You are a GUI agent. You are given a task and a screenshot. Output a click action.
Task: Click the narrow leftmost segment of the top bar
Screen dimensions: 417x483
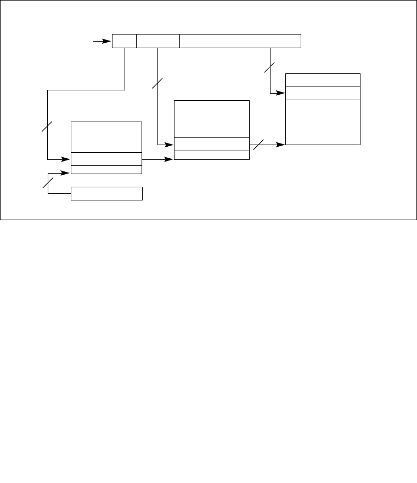point(124,41)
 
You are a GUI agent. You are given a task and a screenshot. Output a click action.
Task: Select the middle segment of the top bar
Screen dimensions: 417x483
point(158,41)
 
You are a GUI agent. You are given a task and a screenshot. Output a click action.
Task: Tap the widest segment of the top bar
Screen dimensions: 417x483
point(240,41)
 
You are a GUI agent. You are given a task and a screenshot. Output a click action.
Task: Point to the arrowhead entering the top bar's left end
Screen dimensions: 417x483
point(108,41)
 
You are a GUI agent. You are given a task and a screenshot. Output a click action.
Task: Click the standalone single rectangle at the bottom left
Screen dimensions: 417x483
point(106,193)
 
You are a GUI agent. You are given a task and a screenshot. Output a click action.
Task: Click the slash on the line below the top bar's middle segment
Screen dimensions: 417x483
point(157,83)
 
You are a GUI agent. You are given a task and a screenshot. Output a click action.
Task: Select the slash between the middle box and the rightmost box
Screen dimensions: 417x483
point(258,144)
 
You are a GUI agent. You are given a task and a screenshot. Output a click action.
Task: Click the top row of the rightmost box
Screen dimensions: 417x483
point(323,80)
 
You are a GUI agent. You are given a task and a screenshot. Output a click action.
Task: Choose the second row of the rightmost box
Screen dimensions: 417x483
point(323,93)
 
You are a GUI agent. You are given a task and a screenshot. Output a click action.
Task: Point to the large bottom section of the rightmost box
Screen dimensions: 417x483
point(323,122)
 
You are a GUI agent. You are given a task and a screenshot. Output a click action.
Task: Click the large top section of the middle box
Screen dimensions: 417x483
point(211,119)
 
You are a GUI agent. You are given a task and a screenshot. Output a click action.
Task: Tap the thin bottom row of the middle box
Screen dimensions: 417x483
point(211,155)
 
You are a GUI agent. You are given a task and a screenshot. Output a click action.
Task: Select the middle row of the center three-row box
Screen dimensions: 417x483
point(211,144)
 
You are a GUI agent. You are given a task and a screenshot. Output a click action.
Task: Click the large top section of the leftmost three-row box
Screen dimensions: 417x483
point(106,137)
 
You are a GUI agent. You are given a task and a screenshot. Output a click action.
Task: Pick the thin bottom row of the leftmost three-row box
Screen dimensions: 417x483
point(106,169)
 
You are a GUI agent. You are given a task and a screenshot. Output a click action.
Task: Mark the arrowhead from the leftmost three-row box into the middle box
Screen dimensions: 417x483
point(170,159)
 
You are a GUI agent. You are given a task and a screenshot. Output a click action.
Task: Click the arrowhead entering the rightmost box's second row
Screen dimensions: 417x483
point(282,93)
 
